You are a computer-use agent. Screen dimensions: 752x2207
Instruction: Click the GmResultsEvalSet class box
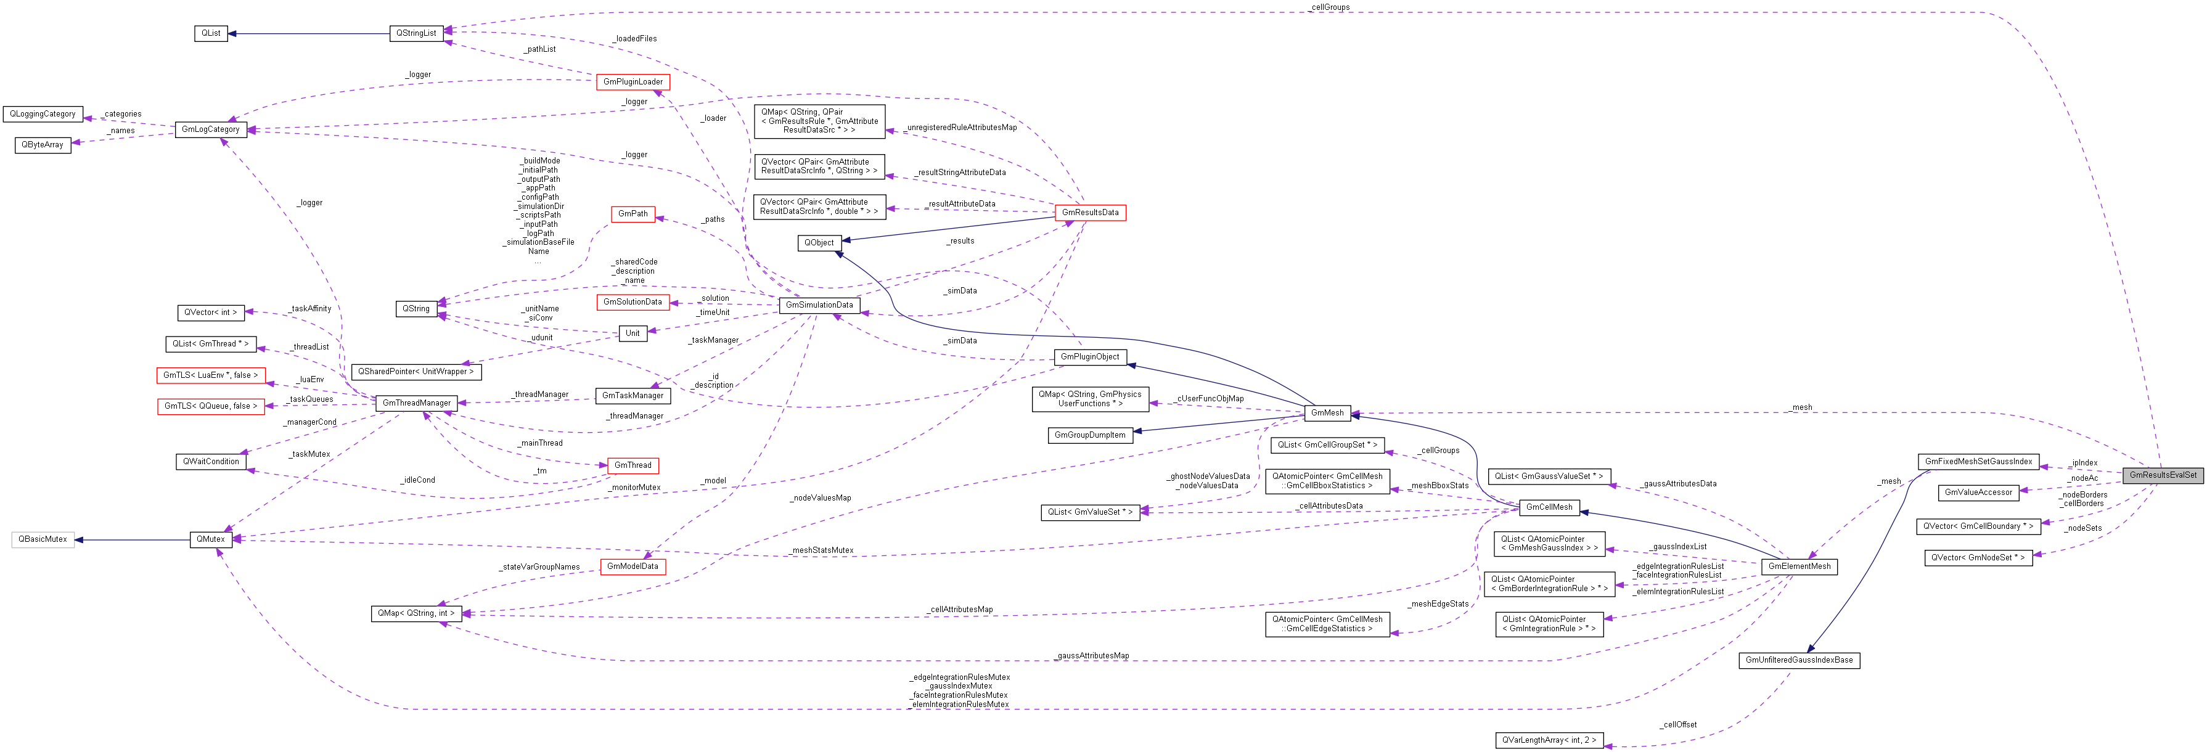tap(2163, 475)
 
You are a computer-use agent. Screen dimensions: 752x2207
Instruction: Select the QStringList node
tap(416, 33)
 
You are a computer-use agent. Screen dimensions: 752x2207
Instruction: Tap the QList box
tap(211, 33)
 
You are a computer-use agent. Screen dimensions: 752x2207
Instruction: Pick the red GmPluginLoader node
tap(633, 82)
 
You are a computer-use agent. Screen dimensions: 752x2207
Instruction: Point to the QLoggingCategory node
tap(43, 114)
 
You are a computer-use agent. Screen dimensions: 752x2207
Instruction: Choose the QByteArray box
tap(43, 145)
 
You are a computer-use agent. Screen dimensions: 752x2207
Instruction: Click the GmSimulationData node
tap(819, 305)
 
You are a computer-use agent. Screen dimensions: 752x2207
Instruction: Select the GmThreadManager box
tap(416, 403)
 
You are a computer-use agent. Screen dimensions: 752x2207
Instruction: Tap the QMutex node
tap(211, 539)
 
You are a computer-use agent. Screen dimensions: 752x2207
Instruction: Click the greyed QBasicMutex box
tap(43, 539)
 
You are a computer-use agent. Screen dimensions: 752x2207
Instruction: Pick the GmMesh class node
tap(1327, 413)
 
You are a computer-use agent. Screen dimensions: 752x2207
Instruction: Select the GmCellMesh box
tap(1549, 507)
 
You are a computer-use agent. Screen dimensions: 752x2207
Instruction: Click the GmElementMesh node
tap(1799, 566)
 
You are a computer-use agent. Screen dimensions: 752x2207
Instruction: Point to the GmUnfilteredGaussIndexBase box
tap(1799, 660)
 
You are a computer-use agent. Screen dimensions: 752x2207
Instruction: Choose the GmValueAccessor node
tap(1978, 492)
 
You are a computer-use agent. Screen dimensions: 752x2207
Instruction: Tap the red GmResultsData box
tap(1090, 213)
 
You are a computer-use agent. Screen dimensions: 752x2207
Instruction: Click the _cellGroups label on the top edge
tap(1329, 7)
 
